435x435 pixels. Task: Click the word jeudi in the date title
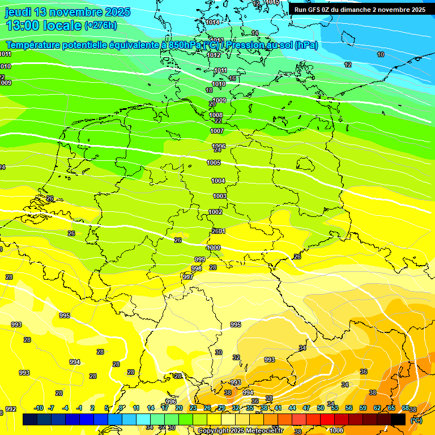tap(19, 12)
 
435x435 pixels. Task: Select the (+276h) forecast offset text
tap(101, 25)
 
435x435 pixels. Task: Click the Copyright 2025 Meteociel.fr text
tap(240, 430)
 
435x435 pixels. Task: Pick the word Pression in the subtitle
tap(245, 45)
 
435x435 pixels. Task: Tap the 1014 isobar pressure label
tap(213, 23)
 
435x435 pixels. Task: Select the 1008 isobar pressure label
tap(216, 115)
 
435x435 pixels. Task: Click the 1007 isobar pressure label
tap(217, 131)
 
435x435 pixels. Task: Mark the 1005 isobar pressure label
tap(214, 163)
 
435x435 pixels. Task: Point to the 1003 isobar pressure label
tap(219, 196)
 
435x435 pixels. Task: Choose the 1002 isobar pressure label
tap(215, 212)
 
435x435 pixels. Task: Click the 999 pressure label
tap(199, 259)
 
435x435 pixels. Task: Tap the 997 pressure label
tap(188, 277)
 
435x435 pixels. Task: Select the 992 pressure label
tap(11, 409)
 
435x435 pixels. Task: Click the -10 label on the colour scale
tap(39, 408)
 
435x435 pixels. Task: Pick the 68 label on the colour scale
tap(406, 408)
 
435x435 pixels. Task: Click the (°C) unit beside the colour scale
tap(416, 420)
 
